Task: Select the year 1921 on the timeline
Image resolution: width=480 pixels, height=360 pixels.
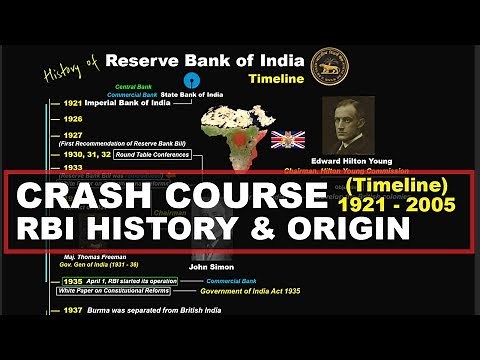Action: pos(45,103)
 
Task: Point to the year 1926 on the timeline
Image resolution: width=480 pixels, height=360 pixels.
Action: pos(45,119)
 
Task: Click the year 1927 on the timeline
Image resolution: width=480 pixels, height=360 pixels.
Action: pos(45,135)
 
